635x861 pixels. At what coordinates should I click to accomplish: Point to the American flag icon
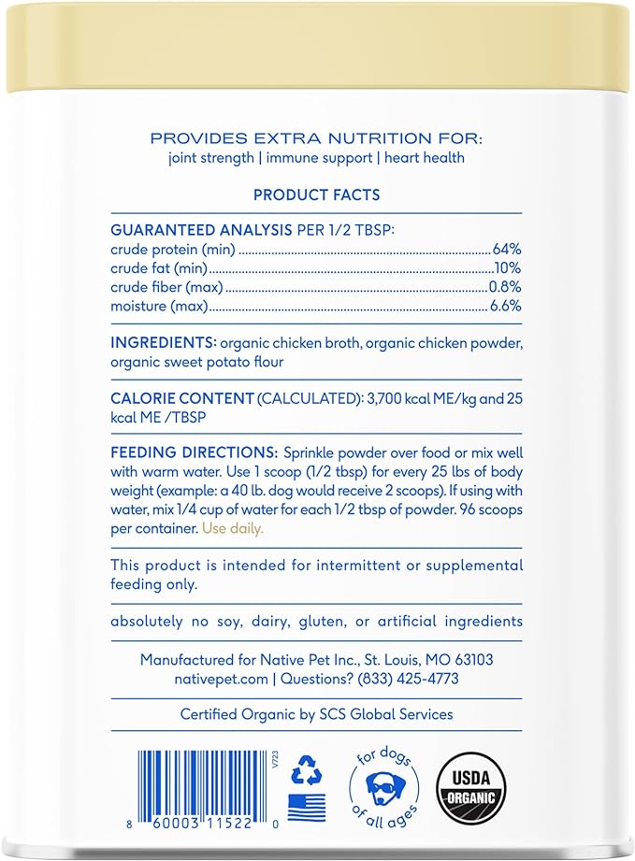coord(305,805)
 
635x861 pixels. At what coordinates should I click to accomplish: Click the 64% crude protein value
coord(507,250)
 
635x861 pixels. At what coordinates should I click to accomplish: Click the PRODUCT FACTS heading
coord(316,194)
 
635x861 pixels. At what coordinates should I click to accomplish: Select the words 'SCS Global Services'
coord(381,714)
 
